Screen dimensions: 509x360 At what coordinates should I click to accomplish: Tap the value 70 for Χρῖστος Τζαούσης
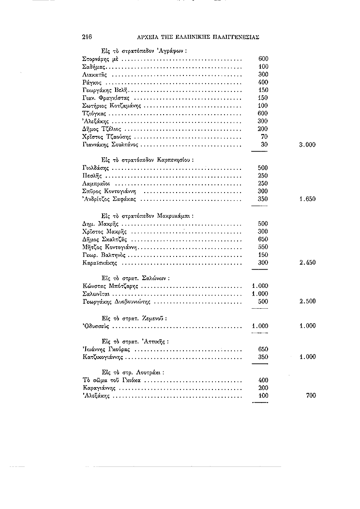pyautogui.click(x=264, y=137)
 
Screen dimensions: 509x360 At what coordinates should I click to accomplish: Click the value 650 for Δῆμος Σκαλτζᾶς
pyautogui.click(x=263, y=240)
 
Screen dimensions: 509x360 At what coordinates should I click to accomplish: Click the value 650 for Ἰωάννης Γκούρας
pyautogui.click(x=263, y=349)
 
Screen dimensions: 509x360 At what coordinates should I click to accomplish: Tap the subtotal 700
pyautogui.click(x=311, y=396)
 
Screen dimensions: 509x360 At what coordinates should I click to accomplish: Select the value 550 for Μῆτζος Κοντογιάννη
pyautogui.click(x=263, y=247)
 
